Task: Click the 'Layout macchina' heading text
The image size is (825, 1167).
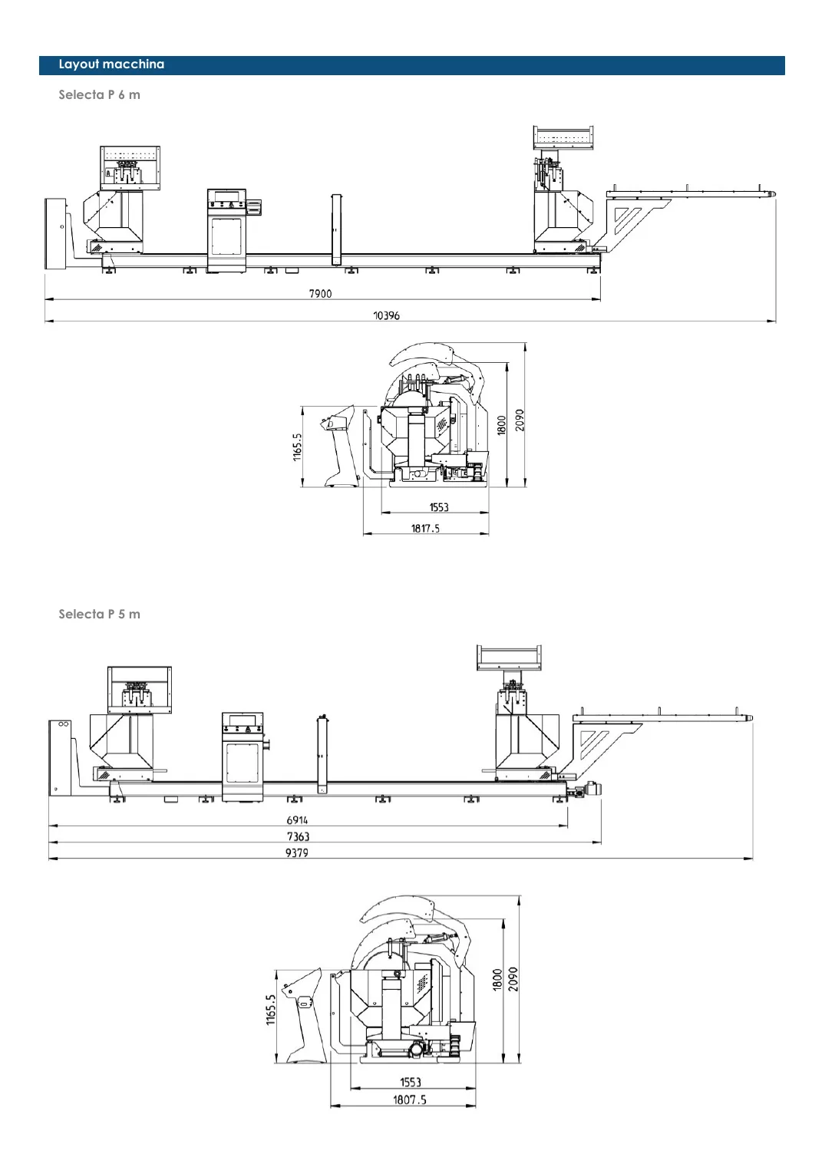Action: point(111,64)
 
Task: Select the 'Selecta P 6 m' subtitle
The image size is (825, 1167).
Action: point(99,95)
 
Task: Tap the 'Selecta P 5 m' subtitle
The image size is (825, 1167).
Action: point(99,615)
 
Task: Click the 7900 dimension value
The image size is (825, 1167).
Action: point(320,294)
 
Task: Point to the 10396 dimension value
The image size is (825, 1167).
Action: point(386,315)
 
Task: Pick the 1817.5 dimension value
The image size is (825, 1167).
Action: point(425,529)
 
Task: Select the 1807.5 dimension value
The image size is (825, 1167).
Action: point(409,1099)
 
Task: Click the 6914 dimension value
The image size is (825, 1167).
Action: point(297,820)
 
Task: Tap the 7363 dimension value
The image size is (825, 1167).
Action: point(298,837)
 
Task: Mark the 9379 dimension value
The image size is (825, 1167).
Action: point(296,853)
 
